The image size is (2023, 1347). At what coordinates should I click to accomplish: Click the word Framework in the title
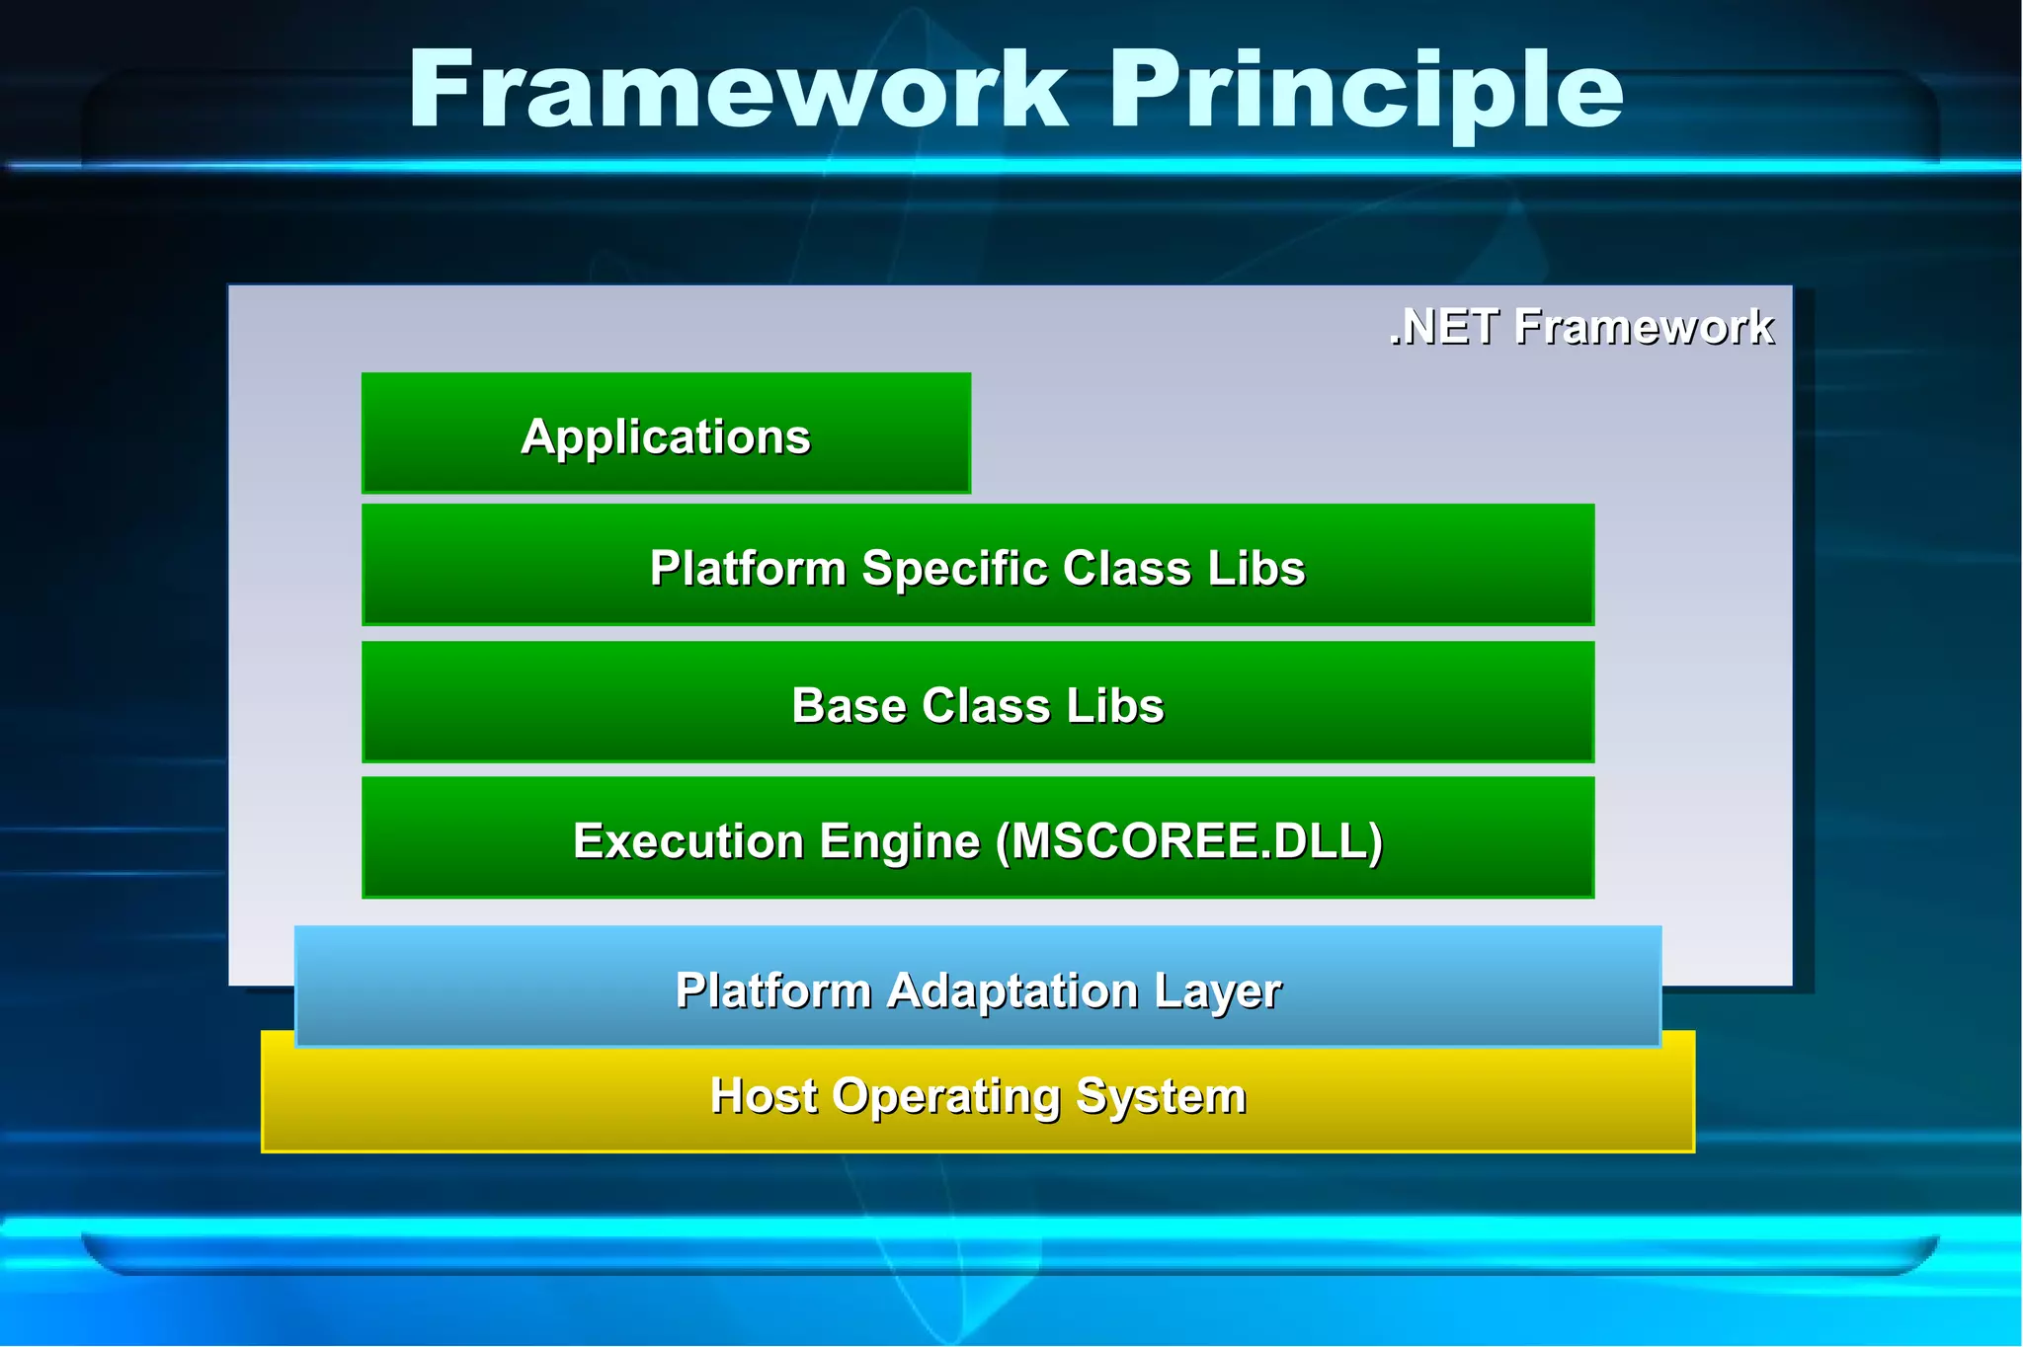coord(738,91)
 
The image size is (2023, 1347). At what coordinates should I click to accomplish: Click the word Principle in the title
coord(1365,91)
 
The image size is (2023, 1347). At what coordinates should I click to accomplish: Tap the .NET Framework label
coord(1580,327)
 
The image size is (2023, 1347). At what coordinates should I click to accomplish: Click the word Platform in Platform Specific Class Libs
coord(748,569)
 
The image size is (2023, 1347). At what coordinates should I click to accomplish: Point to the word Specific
coord(954,569)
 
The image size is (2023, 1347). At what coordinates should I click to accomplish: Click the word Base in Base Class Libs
coord(849,706)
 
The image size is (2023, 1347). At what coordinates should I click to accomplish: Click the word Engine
coord(900,841)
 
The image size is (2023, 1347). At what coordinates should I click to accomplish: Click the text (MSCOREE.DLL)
coord(1189,841)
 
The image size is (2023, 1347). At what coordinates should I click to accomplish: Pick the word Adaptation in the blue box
coord(1012,990)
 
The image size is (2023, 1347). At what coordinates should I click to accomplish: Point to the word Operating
coord(945,1096)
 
